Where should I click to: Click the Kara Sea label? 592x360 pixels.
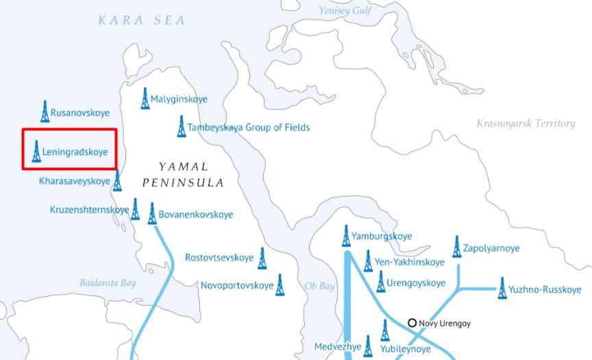pos(141,21)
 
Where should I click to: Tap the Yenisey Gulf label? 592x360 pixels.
pos(345,10)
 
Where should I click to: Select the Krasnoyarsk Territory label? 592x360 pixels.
pos(526,123)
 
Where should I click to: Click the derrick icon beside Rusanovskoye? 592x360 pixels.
pos(45,111)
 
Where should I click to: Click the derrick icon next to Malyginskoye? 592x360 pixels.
pos(145,99)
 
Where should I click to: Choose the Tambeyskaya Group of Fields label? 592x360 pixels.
pos(248,128)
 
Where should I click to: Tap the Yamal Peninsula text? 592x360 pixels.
pos(183,175)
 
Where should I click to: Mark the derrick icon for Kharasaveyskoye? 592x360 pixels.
pos(117,181)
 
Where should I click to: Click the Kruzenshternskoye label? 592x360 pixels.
pos(89,209)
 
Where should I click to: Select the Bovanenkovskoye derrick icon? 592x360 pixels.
pos(152,214)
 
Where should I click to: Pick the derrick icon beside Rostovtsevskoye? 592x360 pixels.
pos(262,259)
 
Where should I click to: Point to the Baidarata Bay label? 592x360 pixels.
pos(108,283)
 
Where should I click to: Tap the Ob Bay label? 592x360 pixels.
pos(319,286)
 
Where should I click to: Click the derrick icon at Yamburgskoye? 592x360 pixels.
pos(346,236)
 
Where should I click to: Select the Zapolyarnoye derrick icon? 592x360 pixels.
pos(457,247)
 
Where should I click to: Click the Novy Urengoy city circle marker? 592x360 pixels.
pos(412,322)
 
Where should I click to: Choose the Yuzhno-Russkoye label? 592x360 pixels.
pos(545,289)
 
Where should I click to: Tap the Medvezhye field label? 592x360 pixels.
pos(337,346)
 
